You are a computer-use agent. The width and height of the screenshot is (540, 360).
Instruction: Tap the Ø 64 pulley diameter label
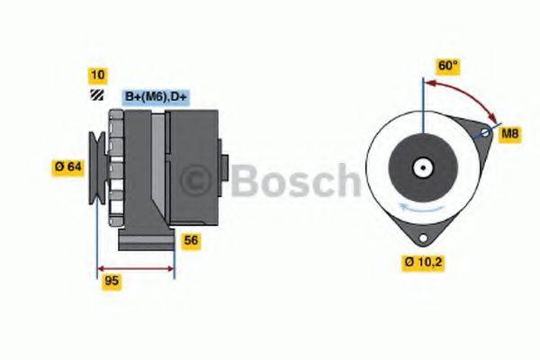tap(68, 166)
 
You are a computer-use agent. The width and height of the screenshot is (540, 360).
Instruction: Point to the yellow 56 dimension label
tap(192, 240)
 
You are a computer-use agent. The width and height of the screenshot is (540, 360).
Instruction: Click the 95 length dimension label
tap(112, 281)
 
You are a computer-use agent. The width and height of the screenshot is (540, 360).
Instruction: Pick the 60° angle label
tap(448, 67)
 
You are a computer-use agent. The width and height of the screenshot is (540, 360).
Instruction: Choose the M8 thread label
tap(510, 134)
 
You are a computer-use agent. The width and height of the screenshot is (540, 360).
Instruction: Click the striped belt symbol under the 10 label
tap(95, 95)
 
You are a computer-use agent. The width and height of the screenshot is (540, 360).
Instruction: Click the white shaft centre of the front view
tap(421, 167)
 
